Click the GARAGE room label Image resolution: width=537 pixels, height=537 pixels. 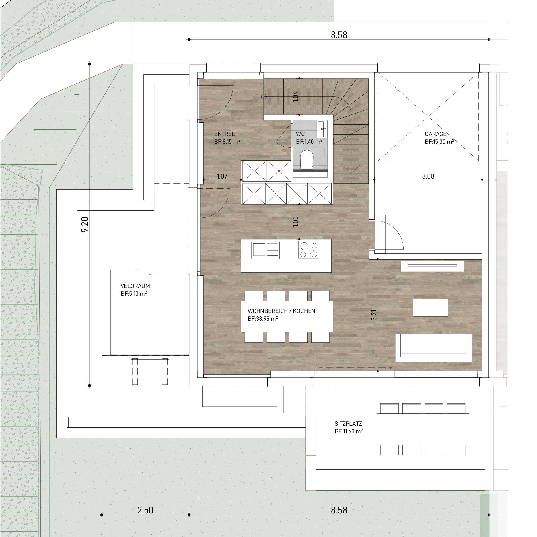point(435,134)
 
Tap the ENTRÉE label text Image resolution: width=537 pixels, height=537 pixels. point(225,134)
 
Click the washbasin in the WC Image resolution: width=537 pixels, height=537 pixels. point(322,129)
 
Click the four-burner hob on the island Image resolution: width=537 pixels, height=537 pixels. point(309,249)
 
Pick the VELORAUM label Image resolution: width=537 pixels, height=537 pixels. point(135,286)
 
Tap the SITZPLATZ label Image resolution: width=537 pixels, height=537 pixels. point(348,424)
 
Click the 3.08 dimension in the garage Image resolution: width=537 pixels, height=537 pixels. point(428,176)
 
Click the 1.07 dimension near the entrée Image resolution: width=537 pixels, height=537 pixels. point(222,176)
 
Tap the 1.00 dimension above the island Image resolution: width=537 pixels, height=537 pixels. point(296,221)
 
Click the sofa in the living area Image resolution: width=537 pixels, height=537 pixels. point(434,348)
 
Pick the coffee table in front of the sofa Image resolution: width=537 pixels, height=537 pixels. point(430,308)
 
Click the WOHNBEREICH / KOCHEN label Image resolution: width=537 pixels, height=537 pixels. point(281,311)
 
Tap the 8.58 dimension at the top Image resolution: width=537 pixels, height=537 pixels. point(339,35)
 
